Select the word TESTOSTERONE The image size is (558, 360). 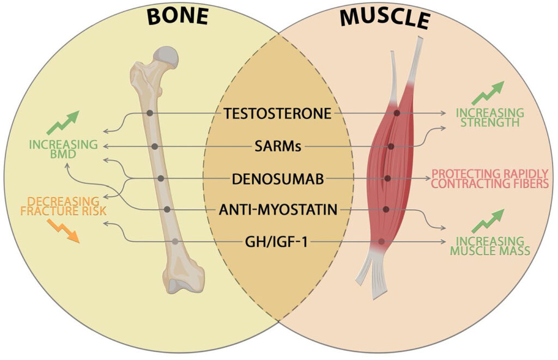[277, 114]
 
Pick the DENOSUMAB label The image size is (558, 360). [278, 178]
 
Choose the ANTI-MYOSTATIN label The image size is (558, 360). [278, 209]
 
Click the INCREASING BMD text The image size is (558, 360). [64, 149]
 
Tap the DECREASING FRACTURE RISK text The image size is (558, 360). [60, 206]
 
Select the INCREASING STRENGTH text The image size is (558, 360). [489, 117]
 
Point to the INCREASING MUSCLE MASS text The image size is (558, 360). [490, 246]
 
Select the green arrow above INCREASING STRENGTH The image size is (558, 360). [488, 93]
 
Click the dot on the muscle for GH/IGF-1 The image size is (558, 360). [381, 241]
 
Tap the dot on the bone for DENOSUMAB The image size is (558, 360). [161, 178]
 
